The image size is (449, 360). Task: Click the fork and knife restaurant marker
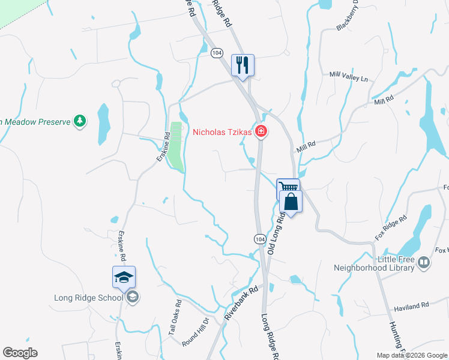coord(243,65)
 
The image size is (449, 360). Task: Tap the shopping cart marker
coord(288,188)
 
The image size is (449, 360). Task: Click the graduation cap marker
coord(124,277)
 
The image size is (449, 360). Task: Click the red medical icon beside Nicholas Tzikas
coord(261,131)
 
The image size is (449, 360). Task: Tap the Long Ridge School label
coord(88,297)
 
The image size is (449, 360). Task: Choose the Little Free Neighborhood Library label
coord(374,263)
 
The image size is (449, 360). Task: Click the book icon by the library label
coord(424,262)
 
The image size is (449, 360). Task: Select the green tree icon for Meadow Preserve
coord(79,122)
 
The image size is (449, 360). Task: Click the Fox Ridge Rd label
coord(391,227)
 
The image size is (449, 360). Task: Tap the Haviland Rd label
coord(411,306)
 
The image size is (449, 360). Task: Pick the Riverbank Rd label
coord(241,302)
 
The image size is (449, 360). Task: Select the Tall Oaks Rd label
coord(174,317)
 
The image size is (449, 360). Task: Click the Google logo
coord(20,353)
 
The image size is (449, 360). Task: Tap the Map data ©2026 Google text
coord(412,355)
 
